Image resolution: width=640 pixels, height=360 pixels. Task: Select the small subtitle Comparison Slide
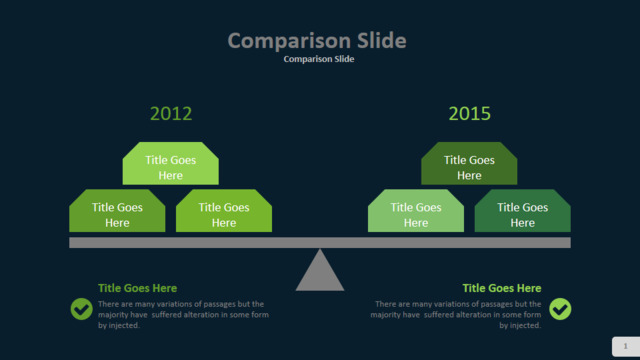(319, 59)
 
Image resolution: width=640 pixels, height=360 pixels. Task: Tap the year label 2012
(171, 113)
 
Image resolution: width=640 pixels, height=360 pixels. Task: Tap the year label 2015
(469, 113)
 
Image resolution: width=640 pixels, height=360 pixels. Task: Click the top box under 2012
(171, 163)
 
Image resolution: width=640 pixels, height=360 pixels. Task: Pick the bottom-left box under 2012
(117, 211)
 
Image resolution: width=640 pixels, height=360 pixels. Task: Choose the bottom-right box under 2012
(224, 211)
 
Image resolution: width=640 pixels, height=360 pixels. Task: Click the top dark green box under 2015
(469, 163)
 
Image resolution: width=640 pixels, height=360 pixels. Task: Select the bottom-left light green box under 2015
(416, 211)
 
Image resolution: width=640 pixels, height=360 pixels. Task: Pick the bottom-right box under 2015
(522, 211)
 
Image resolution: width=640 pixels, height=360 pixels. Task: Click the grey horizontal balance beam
(320, 242)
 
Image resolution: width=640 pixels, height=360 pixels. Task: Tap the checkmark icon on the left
(82, 309)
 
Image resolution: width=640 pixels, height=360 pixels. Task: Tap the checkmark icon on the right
(560, 309)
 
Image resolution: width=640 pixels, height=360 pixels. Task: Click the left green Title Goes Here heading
(138, 288)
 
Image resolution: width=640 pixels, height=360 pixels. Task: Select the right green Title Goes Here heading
(502, 288)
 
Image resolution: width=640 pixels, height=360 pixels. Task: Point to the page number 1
(625, 346)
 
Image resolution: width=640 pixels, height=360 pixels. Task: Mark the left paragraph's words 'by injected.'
(119, 325)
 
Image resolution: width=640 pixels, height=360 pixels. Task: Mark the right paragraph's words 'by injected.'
(520, 325)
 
